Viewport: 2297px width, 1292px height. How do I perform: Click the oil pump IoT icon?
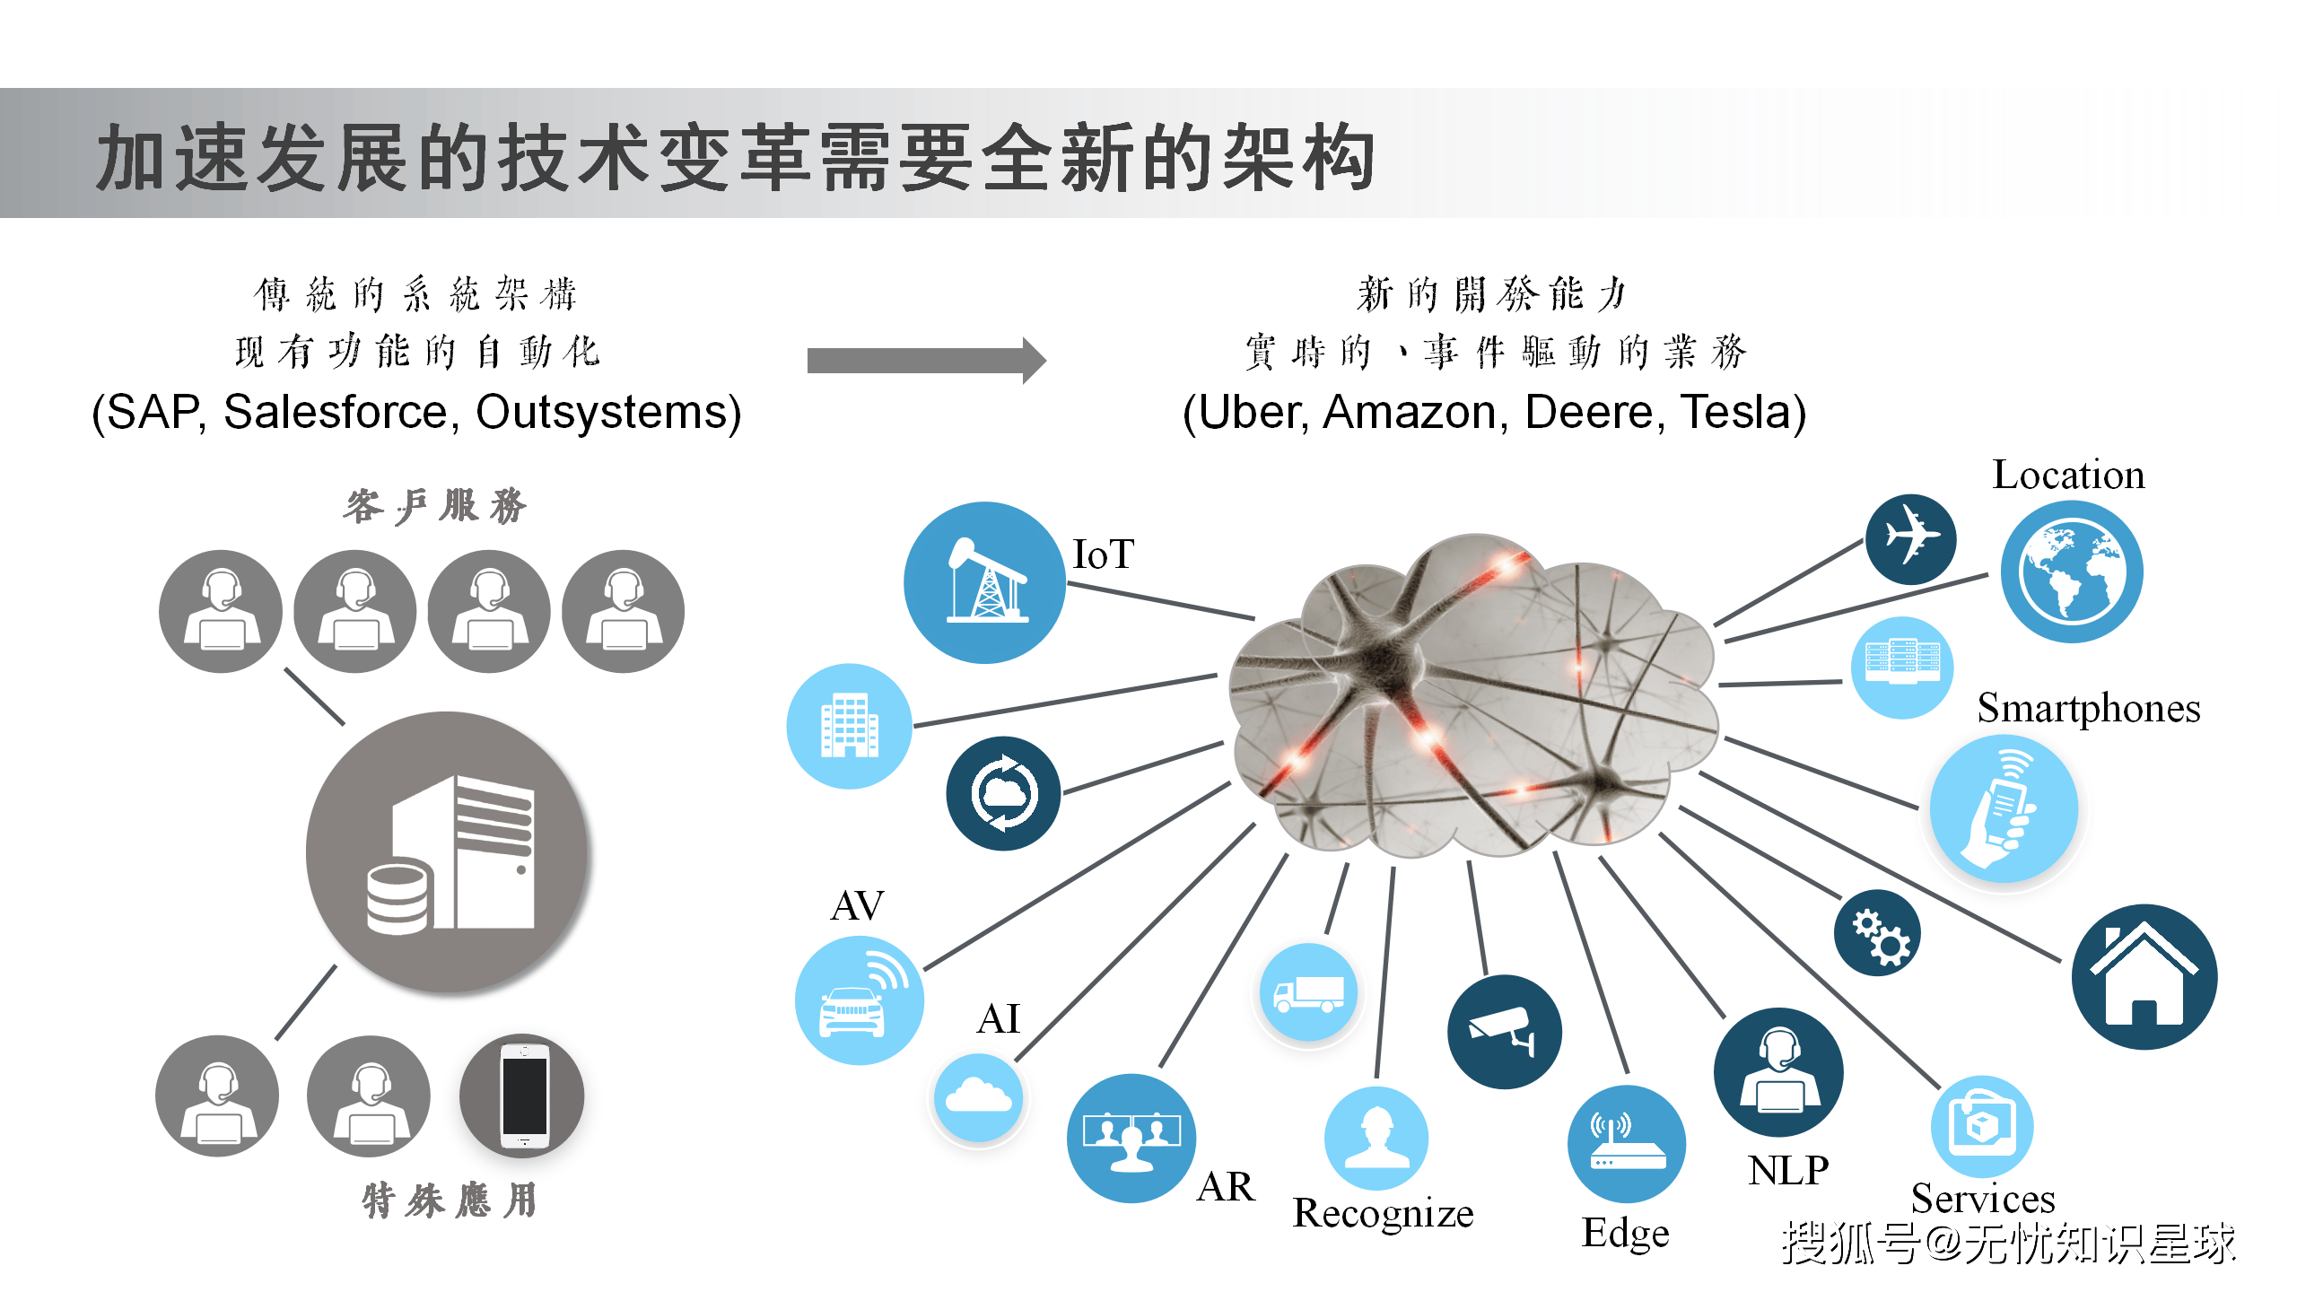(984, 582)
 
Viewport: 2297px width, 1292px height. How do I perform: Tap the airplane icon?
(1910, 538)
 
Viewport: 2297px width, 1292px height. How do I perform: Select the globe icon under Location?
(2072, 572)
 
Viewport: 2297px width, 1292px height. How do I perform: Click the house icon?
(2144, 976)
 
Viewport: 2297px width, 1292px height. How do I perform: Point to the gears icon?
(1877, 933)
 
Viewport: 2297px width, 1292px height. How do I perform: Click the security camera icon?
(1504, 1032)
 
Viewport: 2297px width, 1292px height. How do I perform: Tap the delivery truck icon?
(1309, 992)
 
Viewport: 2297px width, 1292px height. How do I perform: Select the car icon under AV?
(859, 1000)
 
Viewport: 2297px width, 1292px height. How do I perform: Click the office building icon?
(849, 726)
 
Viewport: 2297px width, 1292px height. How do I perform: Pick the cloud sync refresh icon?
(1003, 793)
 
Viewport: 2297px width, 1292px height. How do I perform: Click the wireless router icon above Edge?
(1626, 1144)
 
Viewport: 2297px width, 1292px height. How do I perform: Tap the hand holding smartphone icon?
(2004, 808)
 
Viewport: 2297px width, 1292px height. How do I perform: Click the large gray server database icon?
(448, 852)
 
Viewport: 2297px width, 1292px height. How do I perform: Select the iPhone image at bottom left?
(522, 1096)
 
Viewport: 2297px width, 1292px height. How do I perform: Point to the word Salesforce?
(336, 413)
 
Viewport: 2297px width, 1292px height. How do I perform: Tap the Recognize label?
(1383, 1213)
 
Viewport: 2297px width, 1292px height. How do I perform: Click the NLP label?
(1787, 1170)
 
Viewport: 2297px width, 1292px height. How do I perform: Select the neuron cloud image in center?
(1472, 695)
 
